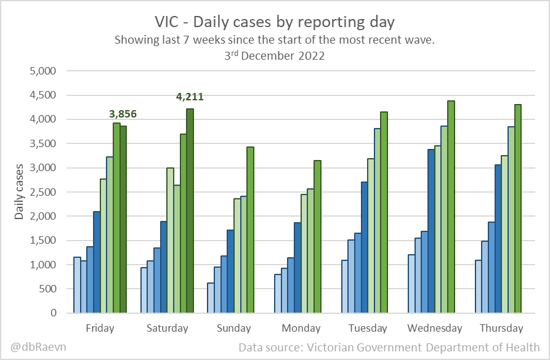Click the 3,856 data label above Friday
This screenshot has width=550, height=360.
click(123, 114)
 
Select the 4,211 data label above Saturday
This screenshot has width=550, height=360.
click(190, 97)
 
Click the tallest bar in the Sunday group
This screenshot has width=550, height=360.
click(250, 230)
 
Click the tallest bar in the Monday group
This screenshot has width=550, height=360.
click(317, 237)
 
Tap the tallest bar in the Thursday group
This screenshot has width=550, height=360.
click(517, 209)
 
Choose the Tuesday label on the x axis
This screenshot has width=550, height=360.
click(367, 328)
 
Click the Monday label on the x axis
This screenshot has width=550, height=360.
click(301, 328)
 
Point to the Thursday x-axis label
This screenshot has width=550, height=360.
click(501, 328)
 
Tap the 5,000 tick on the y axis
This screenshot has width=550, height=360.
click(43, 71)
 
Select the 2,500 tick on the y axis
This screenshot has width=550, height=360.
click(43, 192)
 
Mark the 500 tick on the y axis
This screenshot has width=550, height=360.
click(47, 289)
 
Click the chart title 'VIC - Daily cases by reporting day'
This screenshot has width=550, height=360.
click(275, 22)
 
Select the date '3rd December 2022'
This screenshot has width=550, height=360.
click(275, 55)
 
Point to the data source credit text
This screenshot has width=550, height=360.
click(389, 347)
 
